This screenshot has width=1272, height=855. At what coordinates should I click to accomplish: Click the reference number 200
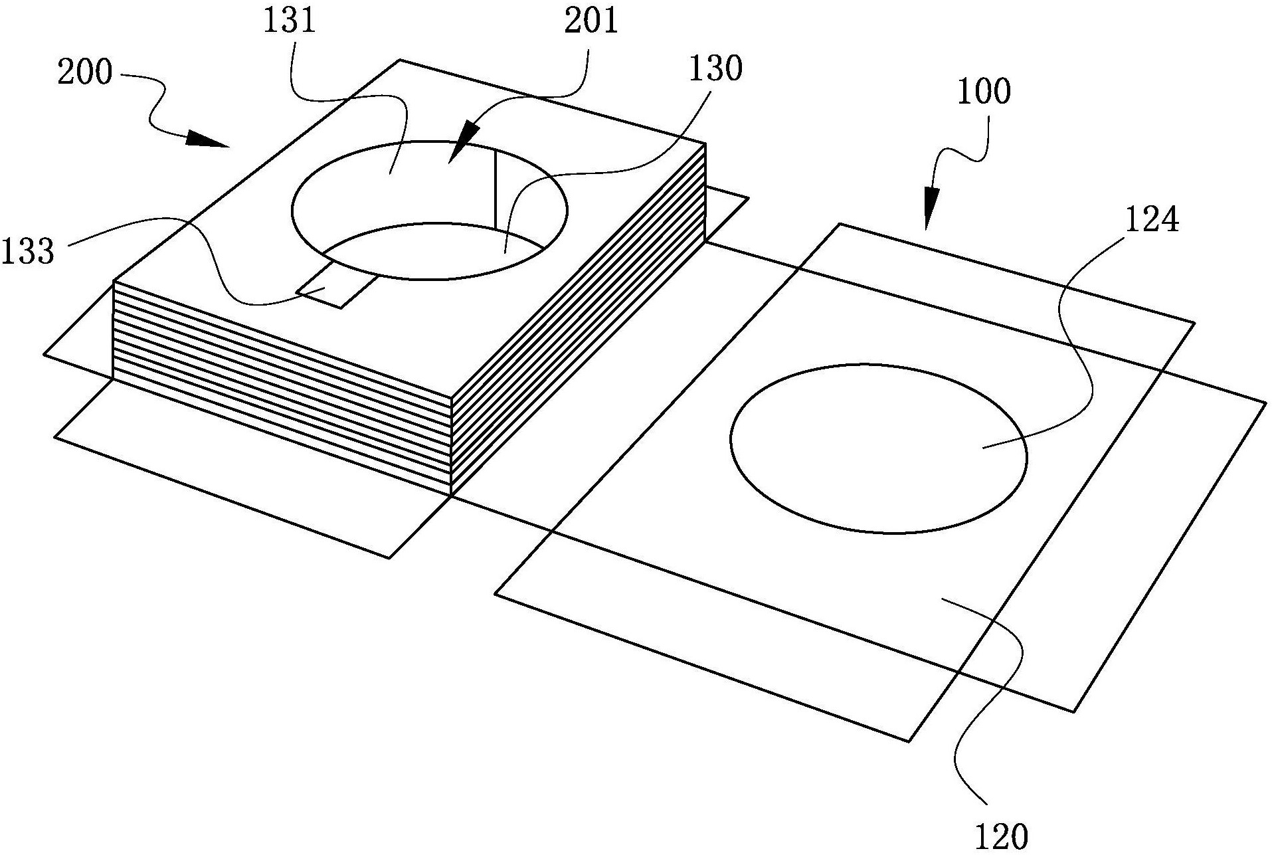click(84, 72)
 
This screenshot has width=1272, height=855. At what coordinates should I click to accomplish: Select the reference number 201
click(591, 22)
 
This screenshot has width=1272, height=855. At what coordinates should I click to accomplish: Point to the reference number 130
click(715, 69)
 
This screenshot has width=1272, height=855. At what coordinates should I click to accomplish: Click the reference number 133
click(27, 252)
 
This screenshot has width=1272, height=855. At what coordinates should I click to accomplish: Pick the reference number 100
click(984, 92)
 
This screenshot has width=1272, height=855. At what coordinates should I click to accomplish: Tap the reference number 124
click(1152, 220)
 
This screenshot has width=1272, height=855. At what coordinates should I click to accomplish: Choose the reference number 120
click(1001, 836)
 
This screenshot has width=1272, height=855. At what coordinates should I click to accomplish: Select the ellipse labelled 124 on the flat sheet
click(878, 448)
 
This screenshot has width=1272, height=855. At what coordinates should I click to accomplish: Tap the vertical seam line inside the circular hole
click(495, 190)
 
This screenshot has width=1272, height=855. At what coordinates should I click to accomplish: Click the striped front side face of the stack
click(283, 388)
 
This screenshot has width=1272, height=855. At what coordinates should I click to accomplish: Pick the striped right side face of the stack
click(578, 319)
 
